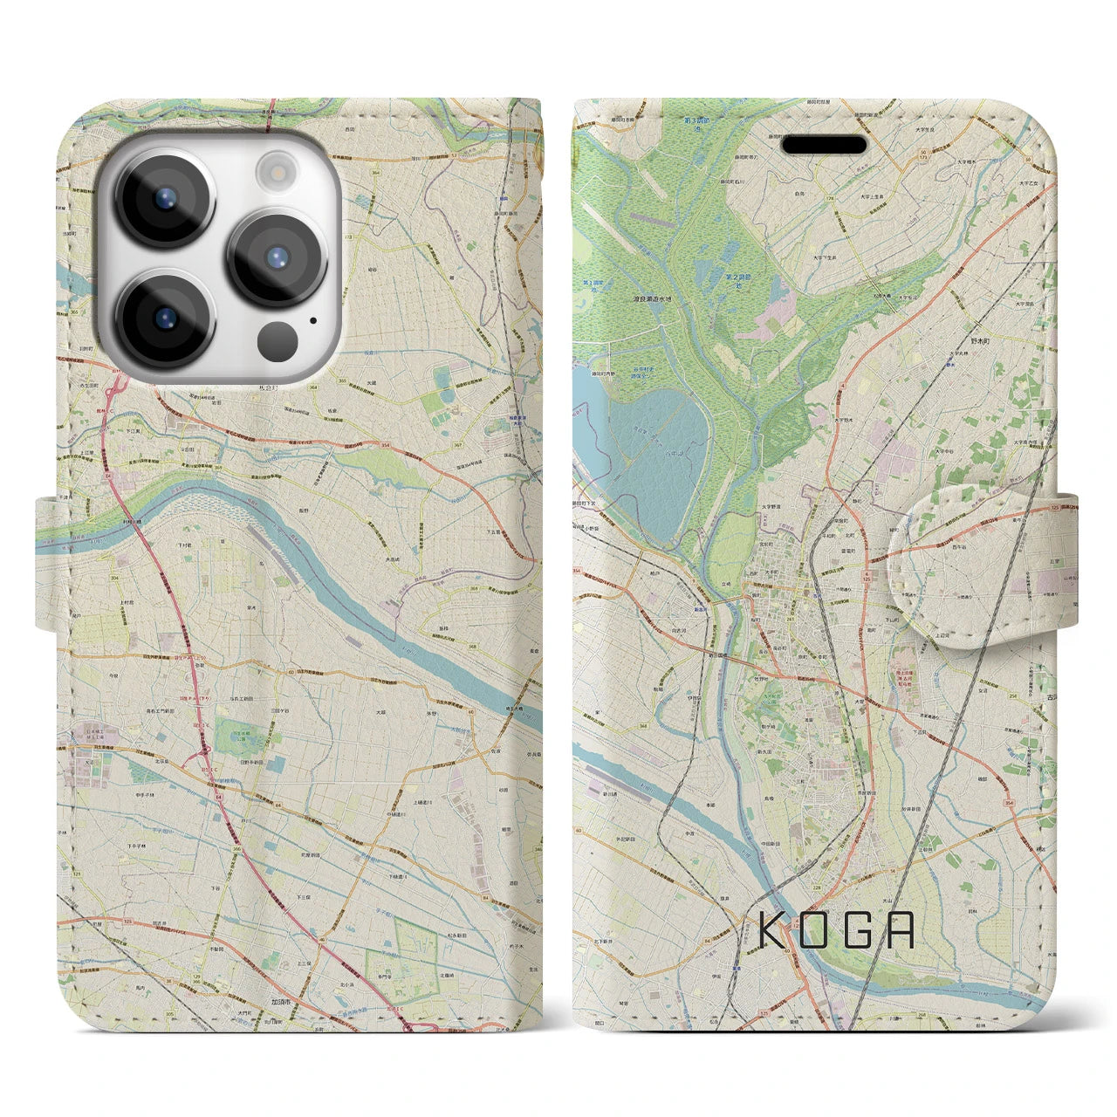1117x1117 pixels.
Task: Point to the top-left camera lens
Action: (x=164, y=197)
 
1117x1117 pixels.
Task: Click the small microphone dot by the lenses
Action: (x=312, y=319)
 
